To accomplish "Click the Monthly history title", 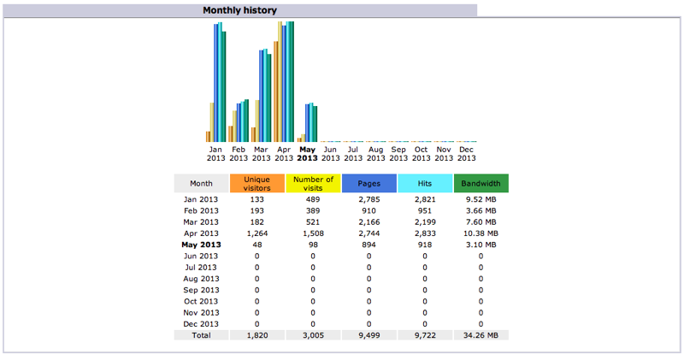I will click(x=239, y=10).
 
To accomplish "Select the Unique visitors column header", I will click(x=257, y=184).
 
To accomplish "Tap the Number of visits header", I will click(x=313, y=184).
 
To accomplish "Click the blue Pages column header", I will click(x=369, y=184).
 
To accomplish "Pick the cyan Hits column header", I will click(x=425, y=184).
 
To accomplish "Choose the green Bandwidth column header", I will click(x=481, y=184).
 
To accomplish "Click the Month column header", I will click(x=202, y=184).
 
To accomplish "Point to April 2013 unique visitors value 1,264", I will click(x=257, y=233).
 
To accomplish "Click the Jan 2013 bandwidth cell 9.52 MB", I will click(x=481, y=198).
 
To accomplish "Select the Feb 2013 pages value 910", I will click(x=369, y=210).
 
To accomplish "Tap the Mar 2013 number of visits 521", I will click(x=313, y=221).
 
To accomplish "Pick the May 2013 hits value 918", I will click(x=425, y=245).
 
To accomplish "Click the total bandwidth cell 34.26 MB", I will click(x=481, y=335).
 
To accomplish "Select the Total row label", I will click(x=202, y=335).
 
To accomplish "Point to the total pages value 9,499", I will click(x=369, y=335).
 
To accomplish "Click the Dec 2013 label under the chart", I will click(x=467, y=153).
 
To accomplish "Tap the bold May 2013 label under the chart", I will click(x=307, y=153).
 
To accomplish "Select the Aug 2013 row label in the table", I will click(x=202, y=279).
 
